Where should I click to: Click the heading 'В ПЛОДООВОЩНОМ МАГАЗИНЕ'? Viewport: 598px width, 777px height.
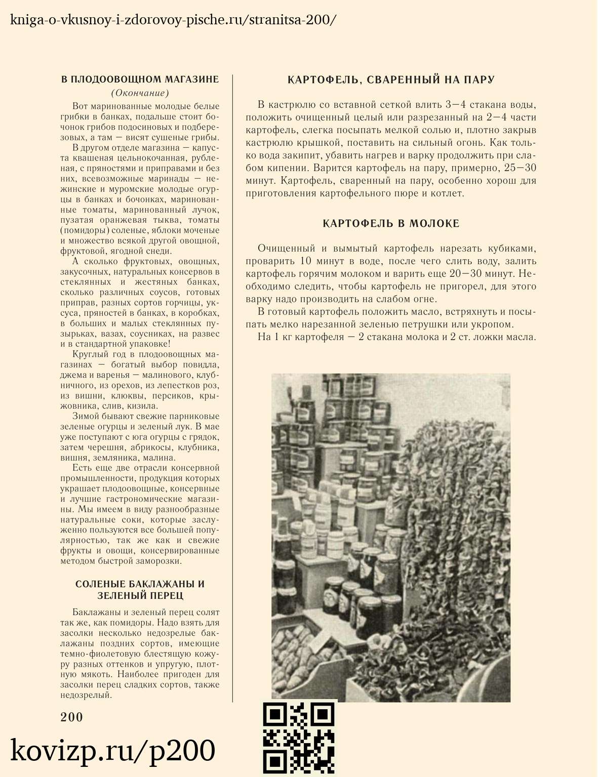[x=140, y=79]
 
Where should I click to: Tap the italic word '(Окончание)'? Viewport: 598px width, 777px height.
[x=140, y=93]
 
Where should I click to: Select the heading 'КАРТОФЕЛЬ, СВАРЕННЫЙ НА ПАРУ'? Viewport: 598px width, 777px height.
[x=391, y=80]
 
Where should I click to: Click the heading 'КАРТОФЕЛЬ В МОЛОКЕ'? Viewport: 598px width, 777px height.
[x=391, y=224]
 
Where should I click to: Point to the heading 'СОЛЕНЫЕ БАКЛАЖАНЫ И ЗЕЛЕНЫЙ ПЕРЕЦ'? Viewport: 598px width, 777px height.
[x=140, y=590]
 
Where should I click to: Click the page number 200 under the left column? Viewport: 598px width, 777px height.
[x=71, y=717]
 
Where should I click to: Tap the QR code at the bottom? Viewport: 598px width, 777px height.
[x=299, y=738]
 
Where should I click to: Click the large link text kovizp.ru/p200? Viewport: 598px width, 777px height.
[x=112, y=751]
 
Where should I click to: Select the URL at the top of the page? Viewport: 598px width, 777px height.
[x=173, y=20]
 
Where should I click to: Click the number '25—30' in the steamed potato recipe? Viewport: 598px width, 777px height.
[x=520, y=168]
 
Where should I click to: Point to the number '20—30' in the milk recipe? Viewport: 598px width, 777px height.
[x=466, y=274]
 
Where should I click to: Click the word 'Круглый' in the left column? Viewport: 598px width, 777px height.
[x=89, y=354]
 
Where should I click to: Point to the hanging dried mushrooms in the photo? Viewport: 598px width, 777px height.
[x=456, y=506]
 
